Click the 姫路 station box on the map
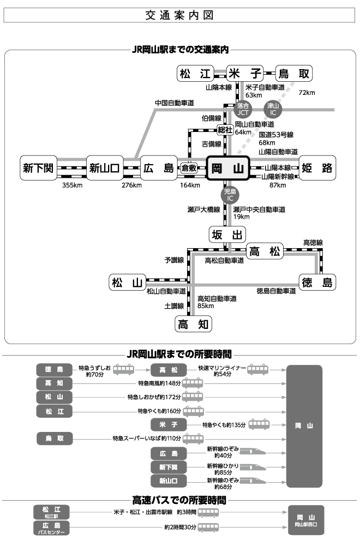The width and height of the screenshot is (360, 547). [x=317, y=169]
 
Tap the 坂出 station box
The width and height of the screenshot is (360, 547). [x=227, y=235]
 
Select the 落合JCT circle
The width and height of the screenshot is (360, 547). [x=243, y=109]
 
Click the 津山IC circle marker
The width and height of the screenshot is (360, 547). [x=273, y=109]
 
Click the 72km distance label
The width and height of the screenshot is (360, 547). [x=307, y=93]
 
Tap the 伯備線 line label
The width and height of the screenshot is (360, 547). [x=211, y=118]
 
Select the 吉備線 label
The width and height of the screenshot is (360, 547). [x=211, y=144]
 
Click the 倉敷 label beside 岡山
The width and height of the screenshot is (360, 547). [x=189, y=168]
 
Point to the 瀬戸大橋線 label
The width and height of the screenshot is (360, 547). [x=203, y=209]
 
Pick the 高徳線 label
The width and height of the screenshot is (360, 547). [x=313, y=242]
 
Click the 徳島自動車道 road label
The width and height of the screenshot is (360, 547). [x=277, y=291]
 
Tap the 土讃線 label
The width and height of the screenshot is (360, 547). [x=175, y=306]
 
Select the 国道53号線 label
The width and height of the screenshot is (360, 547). [x=276, y=134]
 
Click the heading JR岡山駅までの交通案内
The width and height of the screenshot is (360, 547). [x=179, y=49]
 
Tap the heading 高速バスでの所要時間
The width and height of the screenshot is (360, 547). [x=179, y=500]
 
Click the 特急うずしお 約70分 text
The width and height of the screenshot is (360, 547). [x=94, y=371]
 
